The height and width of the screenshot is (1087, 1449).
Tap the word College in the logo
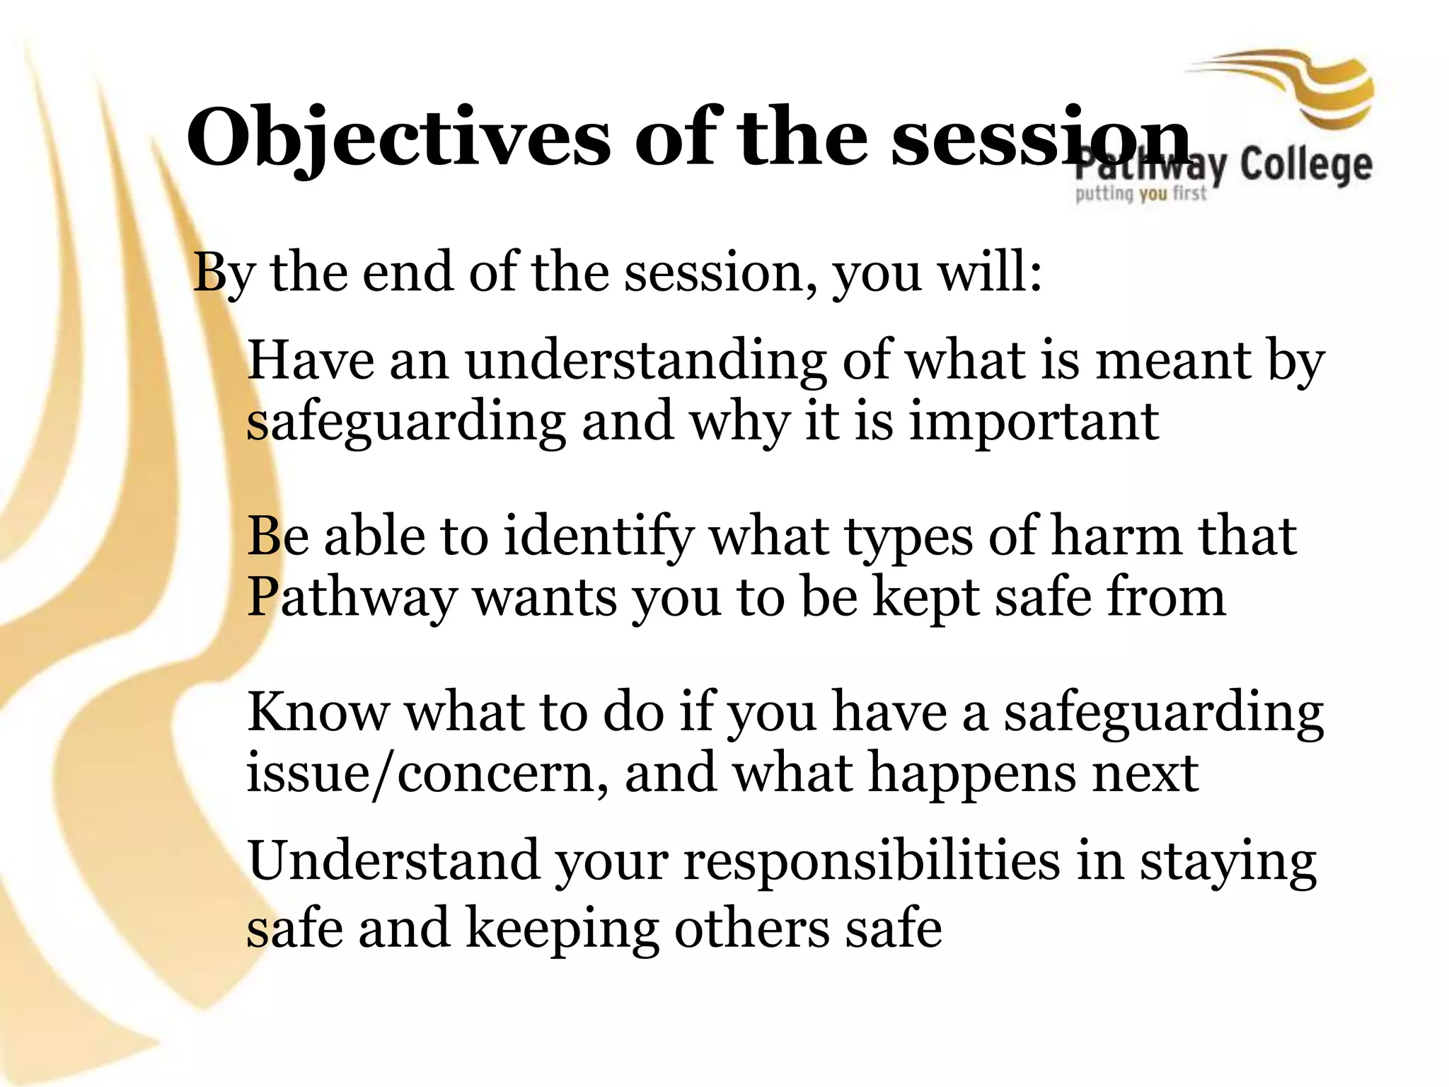(x=1306, y=166)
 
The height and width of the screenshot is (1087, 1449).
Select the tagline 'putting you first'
(x=1141, y=193)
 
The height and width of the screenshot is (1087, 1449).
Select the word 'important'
(x=1033, y=421)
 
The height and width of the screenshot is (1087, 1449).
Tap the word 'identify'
(x=597, y=536)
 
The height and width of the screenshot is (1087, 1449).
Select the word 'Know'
(x=318, y=711)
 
